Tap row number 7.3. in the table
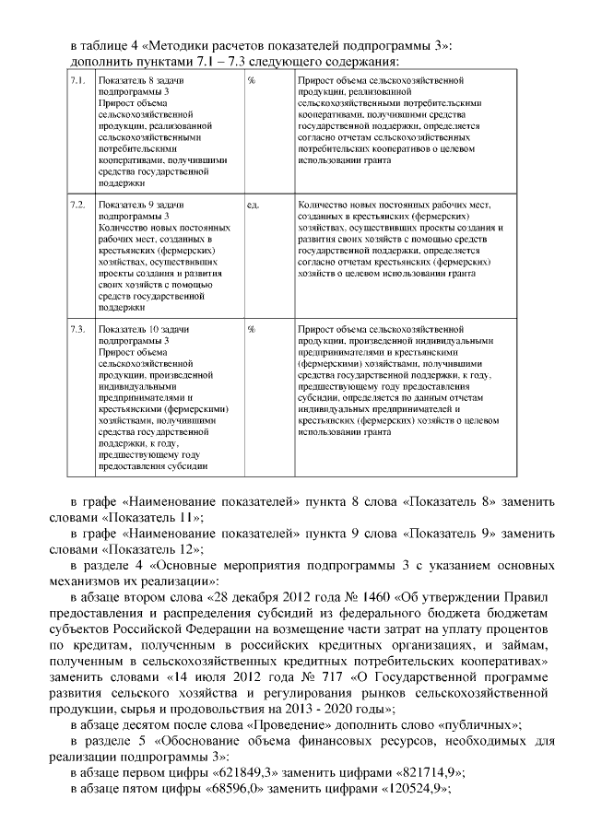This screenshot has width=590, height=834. pos(77,327)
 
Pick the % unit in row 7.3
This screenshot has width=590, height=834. pos(251,327)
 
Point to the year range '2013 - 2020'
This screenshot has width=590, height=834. pos(322,708)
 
